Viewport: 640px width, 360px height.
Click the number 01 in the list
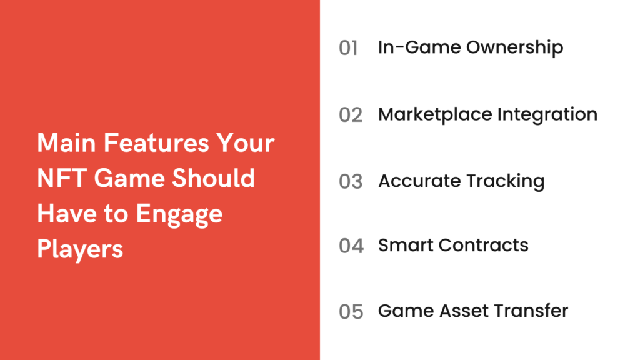348,48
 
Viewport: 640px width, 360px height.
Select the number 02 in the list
351,115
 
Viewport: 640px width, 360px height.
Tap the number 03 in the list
351,182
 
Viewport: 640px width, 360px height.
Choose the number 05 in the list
351,311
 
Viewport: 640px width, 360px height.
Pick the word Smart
406,245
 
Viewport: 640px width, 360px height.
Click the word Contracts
483,245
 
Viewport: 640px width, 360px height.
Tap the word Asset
457,311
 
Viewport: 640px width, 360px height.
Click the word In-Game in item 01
407,48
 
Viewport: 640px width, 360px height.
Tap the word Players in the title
80,249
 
